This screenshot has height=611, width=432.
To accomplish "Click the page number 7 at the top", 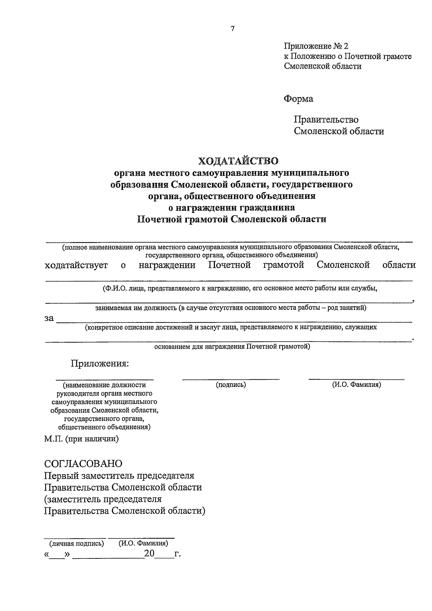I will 233,29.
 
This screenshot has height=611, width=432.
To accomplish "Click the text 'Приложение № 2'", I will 316,46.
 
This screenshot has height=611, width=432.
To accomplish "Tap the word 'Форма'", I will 298,99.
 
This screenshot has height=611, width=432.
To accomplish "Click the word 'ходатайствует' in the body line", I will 76,266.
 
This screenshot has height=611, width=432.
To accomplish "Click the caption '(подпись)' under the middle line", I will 231,385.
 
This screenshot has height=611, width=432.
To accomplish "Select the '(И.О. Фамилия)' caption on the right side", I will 356,385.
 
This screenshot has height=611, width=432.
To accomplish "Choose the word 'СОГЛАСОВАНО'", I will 83,463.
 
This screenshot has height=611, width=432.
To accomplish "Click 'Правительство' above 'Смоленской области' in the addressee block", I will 326,120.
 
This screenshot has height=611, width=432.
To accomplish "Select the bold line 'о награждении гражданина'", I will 232,208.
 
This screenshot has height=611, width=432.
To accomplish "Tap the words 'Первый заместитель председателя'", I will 119,476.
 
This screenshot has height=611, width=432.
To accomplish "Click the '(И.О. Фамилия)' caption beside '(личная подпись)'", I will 143,544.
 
